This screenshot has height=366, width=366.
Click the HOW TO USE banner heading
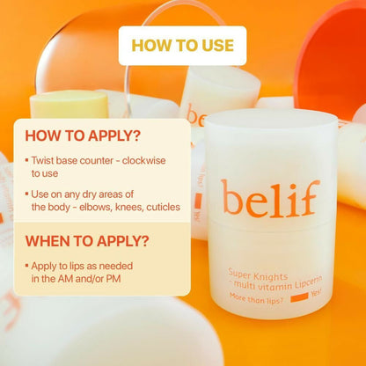(183, 46)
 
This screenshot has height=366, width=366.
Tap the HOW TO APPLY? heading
(83, 135)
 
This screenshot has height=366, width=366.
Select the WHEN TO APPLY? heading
(87, 241)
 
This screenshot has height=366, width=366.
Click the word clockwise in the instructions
(143, 161)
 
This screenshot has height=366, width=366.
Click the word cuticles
(163, 207)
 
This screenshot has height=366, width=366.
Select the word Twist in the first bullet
(42, 161)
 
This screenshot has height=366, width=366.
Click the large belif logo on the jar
(270, 198)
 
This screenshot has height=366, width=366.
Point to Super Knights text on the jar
(258, 275)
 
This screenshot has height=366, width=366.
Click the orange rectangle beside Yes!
(299, 297)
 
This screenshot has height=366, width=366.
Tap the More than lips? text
(256, 298)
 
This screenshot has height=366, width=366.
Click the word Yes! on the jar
(317, 292)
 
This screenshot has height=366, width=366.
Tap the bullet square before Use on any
(27, 194)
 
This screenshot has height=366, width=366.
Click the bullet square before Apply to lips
(27, 266)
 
